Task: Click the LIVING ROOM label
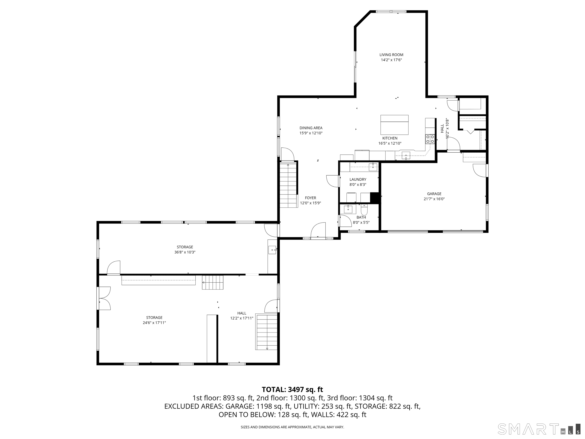[391, 55]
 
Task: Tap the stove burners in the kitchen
[430, 139]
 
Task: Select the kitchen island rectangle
[394, 125]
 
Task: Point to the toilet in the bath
[364, 211]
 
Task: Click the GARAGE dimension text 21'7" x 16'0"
[434, 199]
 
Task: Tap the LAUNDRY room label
[358, 179]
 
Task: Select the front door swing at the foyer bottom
[318, 230]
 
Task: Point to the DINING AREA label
[311, 128]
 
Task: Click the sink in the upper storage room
[272, 250]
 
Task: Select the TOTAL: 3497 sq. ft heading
[292, 389]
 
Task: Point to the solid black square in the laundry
[375, 197]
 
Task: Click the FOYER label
[310, 198]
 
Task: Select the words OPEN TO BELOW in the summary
[246, 415]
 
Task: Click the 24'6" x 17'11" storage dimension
[154, 323]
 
